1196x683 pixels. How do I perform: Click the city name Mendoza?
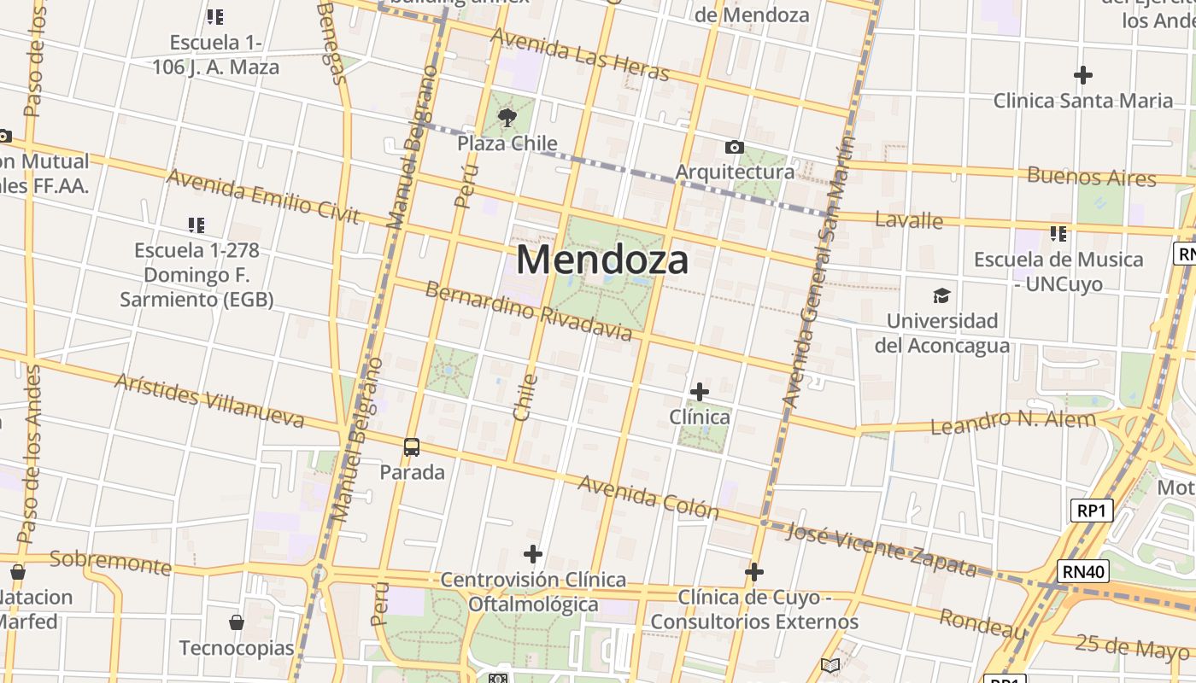(602, 260)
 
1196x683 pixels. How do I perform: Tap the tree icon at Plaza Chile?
(507, 117)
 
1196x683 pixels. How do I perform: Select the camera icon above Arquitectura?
(734, 148)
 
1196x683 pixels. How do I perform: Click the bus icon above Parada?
(412, 447)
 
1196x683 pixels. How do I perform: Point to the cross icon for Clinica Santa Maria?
(1083, 75)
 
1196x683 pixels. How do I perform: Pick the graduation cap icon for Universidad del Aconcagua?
(941, 295)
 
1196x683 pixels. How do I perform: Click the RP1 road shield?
(1092, 511)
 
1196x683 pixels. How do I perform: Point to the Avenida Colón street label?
(648, 497)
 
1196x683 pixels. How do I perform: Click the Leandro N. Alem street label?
(1012, 421)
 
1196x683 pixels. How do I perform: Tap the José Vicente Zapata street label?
(881, 550)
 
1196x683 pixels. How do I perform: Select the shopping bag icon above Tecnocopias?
(237, 623)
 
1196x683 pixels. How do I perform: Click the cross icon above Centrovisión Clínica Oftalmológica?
(533, 554)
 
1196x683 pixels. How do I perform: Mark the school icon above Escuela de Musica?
(1058, 233)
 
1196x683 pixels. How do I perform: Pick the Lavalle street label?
(909, 220)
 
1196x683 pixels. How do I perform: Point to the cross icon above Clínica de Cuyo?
(753, 572)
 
